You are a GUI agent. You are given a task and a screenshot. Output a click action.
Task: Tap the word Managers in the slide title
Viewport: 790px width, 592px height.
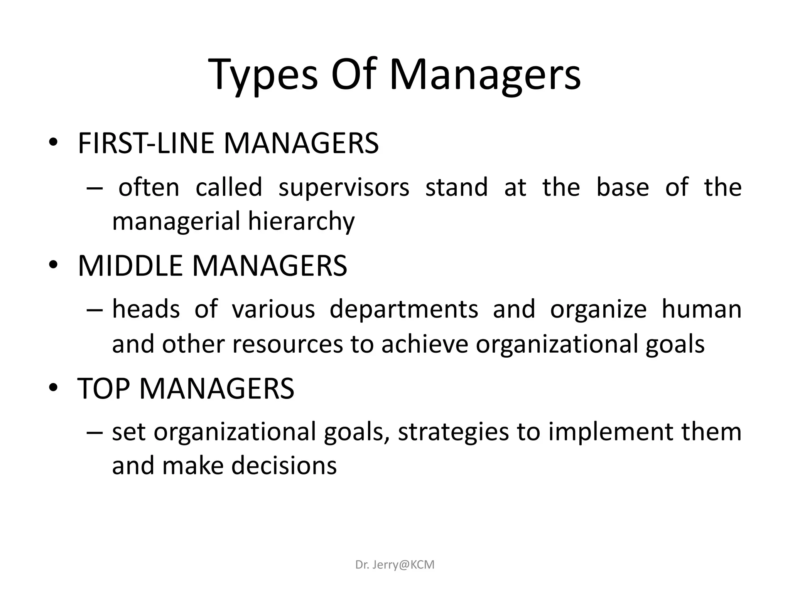485,75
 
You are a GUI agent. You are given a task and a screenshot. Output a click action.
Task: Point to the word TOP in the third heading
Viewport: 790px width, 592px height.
103,388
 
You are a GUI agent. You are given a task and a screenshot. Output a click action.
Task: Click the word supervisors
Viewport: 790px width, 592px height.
344,187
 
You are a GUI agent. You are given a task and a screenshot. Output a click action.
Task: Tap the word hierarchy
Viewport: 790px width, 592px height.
301,222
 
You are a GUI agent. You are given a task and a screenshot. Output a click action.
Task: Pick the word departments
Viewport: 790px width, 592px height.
404,309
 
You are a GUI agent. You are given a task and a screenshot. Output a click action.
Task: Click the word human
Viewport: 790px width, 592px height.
701,309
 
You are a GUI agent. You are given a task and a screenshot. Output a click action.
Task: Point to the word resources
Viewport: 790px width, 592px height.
287,344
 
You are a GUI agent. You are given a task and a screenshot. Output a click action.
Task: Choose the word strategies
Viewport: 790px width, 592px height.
453,432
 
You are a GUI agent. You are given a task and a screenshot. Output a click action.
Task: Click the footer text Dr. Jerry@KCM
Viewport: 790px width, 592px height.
395,565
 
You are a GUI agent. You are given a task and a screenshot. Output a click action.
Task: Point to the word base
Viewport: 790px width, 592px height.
623,187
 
